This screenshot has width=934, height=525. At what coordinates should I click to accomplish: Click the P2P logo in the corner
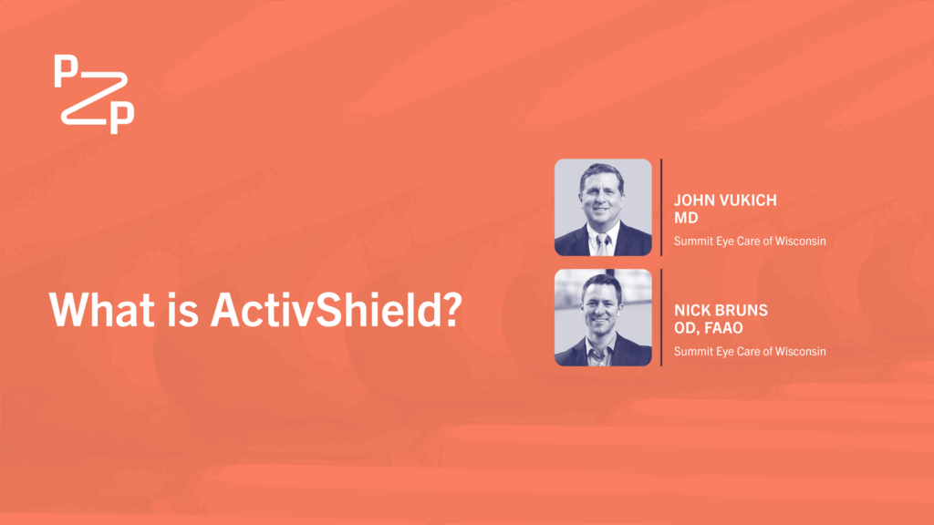[94, 94]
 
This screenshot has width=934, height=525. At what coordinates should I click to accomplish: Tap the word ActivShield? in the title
[337, 310]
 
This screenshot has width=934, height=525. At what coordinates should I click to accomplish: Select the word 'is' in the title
[182, 310]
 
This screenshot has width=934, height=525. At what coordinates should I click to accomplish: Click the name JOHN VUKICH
[725, 200]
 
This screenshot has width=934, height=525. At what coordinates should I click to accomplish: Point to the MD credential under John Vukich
[686, 218]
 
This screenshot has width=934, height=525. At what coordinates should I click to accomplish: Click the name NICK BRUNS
[721, 310]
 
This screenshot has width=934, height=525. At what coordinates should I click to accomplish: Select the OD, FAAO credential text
[708, 328]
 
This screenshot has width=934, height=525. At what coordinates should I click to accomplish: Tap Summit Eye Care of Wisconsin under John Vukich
[750, 241]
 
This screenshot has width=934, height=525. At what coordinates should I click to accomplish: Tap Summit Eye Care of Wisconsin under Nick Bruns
[750, 351]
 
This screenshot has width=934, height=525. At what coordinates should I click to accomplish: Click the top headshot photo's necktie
[602, 244]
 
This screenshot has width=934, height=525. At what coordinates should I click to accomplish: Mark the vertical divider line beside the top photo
[661, 207]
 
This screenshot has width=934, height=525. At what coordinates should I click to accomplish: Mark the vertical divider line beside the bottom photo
[661, 317]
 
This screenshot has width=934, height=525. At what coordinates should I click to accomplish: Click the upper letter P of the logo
[66, 70]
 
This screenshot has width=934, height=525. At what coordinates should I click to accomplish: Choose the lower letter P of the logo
[122, 118]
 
